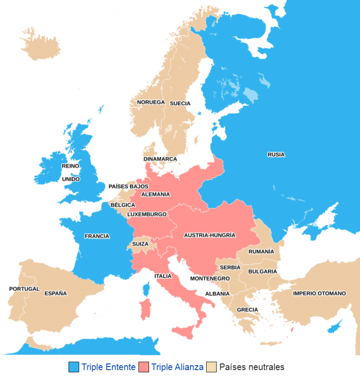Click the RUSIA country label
coord(276,155)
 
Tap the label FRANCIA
coord(97,236)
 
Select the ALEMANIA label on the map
coord(155,194)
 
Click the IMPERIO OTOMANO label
coord(319,294)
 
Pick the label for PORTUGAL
coord(24,289)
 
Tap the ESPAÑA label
coord(56,294)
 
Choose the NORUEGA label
coord(150,102)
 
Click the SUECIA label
coord(180,103)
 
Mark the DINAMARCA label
coord(160,159)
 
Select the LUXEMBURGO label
coord(147,214)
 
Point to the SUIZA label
coord(140,244)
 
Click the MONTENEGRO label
coord(210,279)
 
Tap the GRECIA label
coord(247,310)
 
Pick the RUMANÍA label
coord(261,252)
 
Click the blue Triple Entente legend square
coord(74,367)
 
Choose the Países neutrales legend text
coord(252,367)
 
